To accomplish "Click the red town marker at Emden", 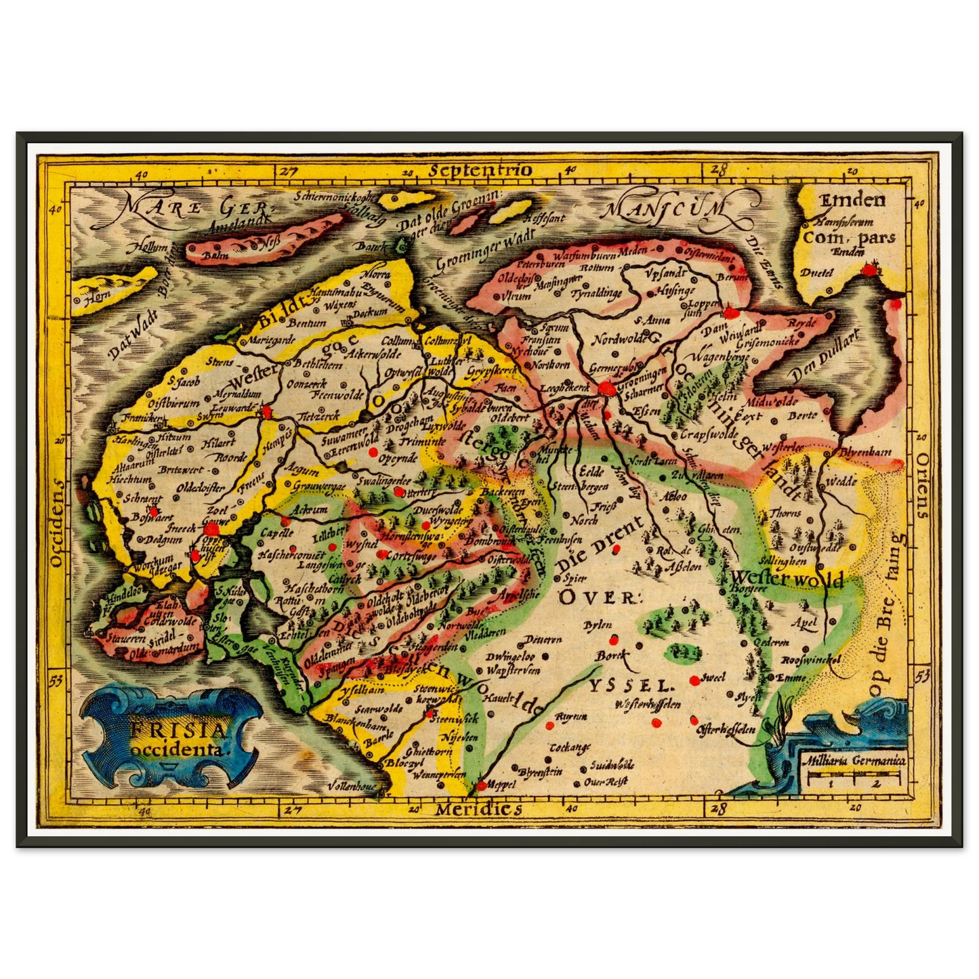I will point(868,270).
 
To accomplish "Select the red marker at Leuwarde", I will point(268,411).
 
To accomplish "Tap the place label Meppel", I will point(499,785).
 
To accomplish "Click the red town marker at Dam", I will point(729,313).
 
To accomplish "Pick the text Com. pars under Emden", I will point(849,238).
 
